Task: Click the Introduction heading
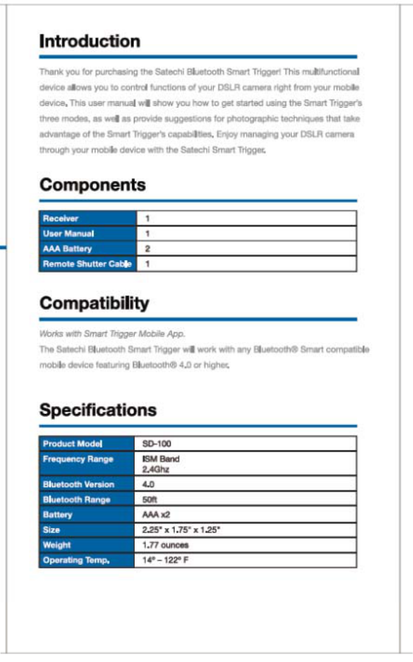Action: (x=89, y=41)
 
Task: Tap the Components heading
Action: (x=92, y=185)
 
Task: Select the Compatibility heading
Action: (x=94, y=303)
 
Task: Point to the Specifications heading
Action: (x=98, y=410)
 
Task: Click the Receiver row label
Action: (x=60, y=218)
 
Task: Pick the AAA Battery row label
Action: (x=67, y=249)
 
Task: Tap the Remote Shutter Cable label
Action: (x=87, y=264)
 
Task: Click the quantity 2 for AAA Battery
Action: (x=148, y=249)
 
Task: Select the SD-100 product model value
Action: (x=157, y=444)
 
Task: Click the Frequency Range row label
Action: (x=78, y=459)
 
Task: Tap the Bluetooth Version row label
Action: (x=78, y=484)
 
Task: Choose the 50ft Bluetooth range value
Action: (x=149, y=499)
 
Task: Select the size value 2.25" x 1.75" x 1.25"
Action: (x=181, y=530)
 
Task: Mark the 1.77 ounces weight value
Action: (x=165, y=545)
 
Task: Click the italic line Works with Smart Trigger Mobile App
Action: (x=112, y=334)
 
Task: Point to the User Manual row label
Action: (x=68, y=233)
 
